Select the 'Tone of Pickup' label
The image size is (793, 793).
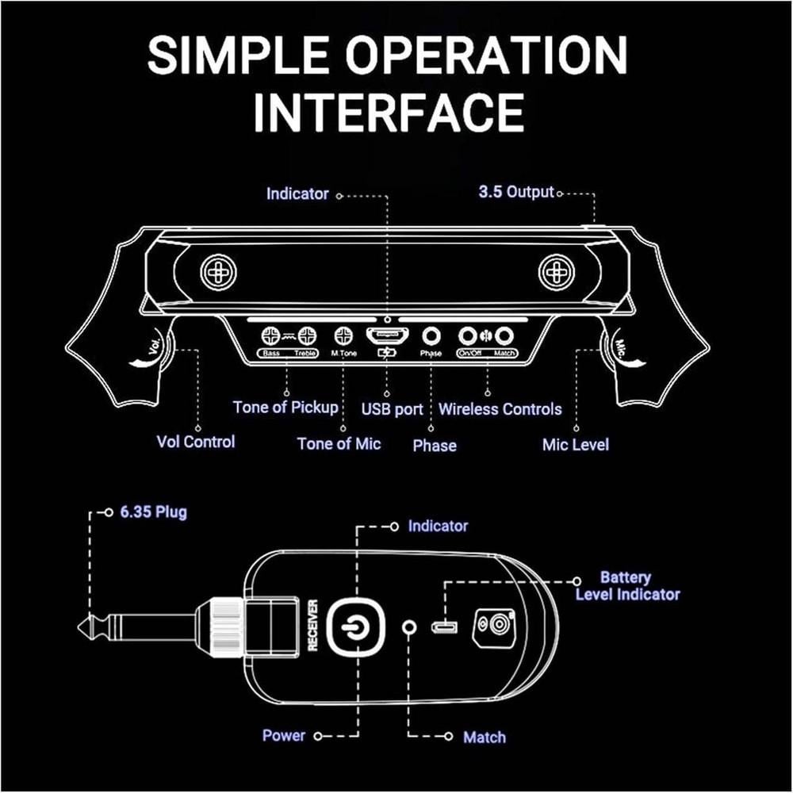click(x=285, y=408)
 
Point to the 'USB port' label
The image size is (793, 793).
click(x=392, y=409)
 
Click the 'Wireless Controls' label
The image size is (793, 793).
click(x=500, y=409)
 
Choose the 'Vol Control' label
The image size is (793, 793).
click(x=196, y=442)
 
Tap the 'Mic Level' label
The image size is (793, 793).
click(x=575, y=444)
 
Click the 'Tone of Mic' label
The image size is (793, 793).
click(x=339, y=443)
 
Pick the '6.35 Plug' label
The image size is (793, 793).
click(x=154, y=512)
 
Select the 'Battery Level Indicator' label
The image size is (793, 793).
click(x=626, y=586)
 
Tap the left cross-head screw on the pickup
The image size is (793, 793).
click(x=214, y=274)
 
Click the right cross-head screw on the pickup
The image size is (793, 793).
click(x=555, y=274)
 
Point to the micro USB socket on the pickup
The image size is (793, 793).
click(x=386, y=336)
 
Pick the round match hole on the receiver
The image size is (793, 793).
click(x=410, y=626)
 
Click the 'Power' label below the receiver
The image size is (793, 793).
click(x=284, y=736)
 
